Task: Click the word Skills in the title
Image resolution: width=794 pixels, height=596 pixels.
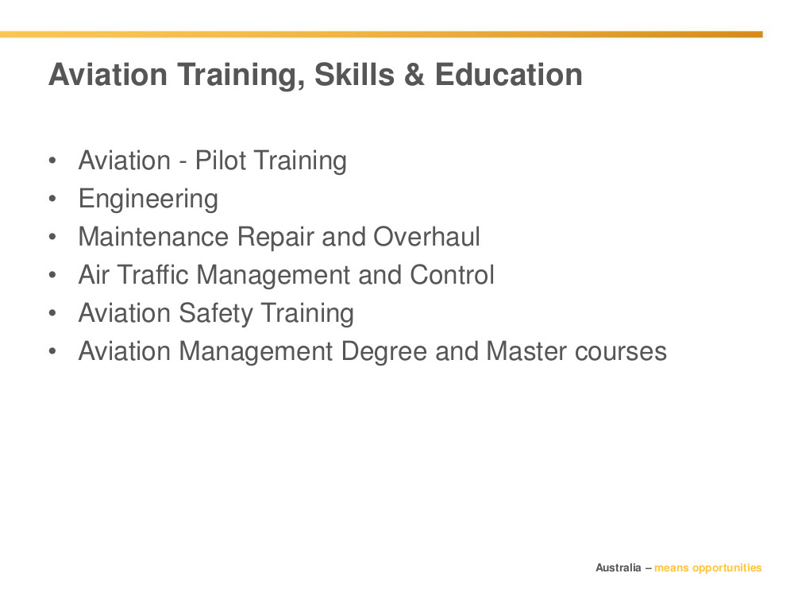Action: (354, 75)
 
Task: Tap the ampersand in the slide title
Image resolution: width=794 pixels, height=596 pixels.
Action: (414, 75)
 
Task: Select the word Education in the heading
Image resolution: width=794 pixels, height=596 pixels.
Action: (508, 75)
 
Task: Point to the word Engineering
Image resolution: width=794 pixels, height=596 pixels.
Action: (148, 199)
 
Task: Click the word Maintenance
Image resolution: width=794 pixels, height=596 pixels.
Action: (153, 237)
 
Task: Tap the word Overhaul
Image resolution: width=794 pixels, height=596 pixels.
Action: (426, 237)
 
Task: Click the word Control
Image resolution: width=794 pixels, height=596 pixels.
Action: (452, 275)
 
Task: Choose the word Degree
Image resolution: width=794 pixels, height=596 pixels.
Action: (384, 352)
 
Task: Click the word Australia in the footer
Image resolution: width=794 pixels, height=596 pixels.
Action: (618, 567)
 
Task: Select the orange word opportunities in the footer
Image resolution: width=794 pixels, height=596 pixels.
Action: (727, 568)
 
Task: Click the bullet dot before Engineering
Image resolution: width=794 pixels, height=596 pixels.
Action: (52, 199)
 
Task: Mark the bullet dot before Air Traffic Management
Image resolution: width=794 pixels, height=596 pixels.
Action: (52, 275)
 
